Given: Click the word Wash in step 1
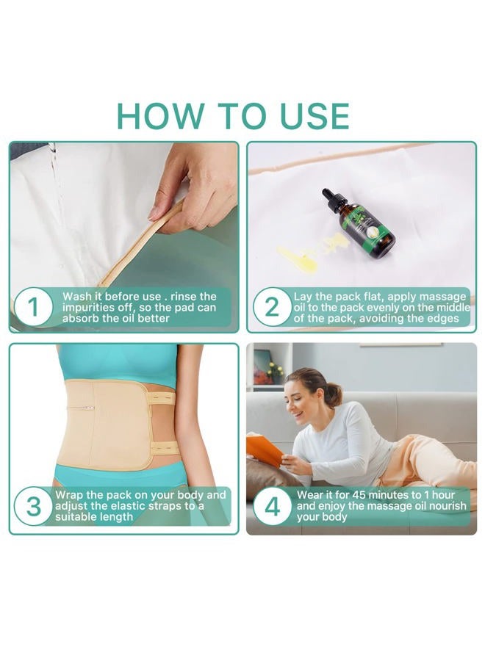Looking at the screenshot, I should click(77, 297).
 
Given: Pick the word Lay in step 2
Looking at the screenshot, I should click(304, 297).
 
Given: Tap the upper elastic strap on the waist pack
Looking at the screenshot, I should click(162, 397).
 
